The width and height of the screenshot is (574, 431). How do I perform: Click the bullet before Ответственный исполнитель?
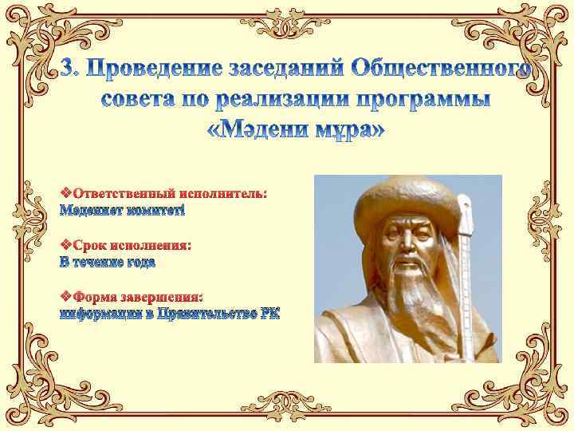click(x=66, y=193)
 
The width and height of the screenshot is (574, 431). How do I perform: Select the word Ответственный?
click(x=124, y=193)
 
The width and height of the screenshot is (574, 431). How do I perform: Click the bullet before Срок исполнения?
click(x=66, y=245)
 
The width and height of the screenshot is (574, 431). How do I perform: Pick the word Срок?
click(x=90, y=245)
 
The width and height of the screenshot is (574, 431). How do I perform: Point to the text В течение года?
click(x=108, y=261)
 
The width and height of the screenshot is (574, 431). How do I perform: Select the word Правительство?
click(x=206, y=313)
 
